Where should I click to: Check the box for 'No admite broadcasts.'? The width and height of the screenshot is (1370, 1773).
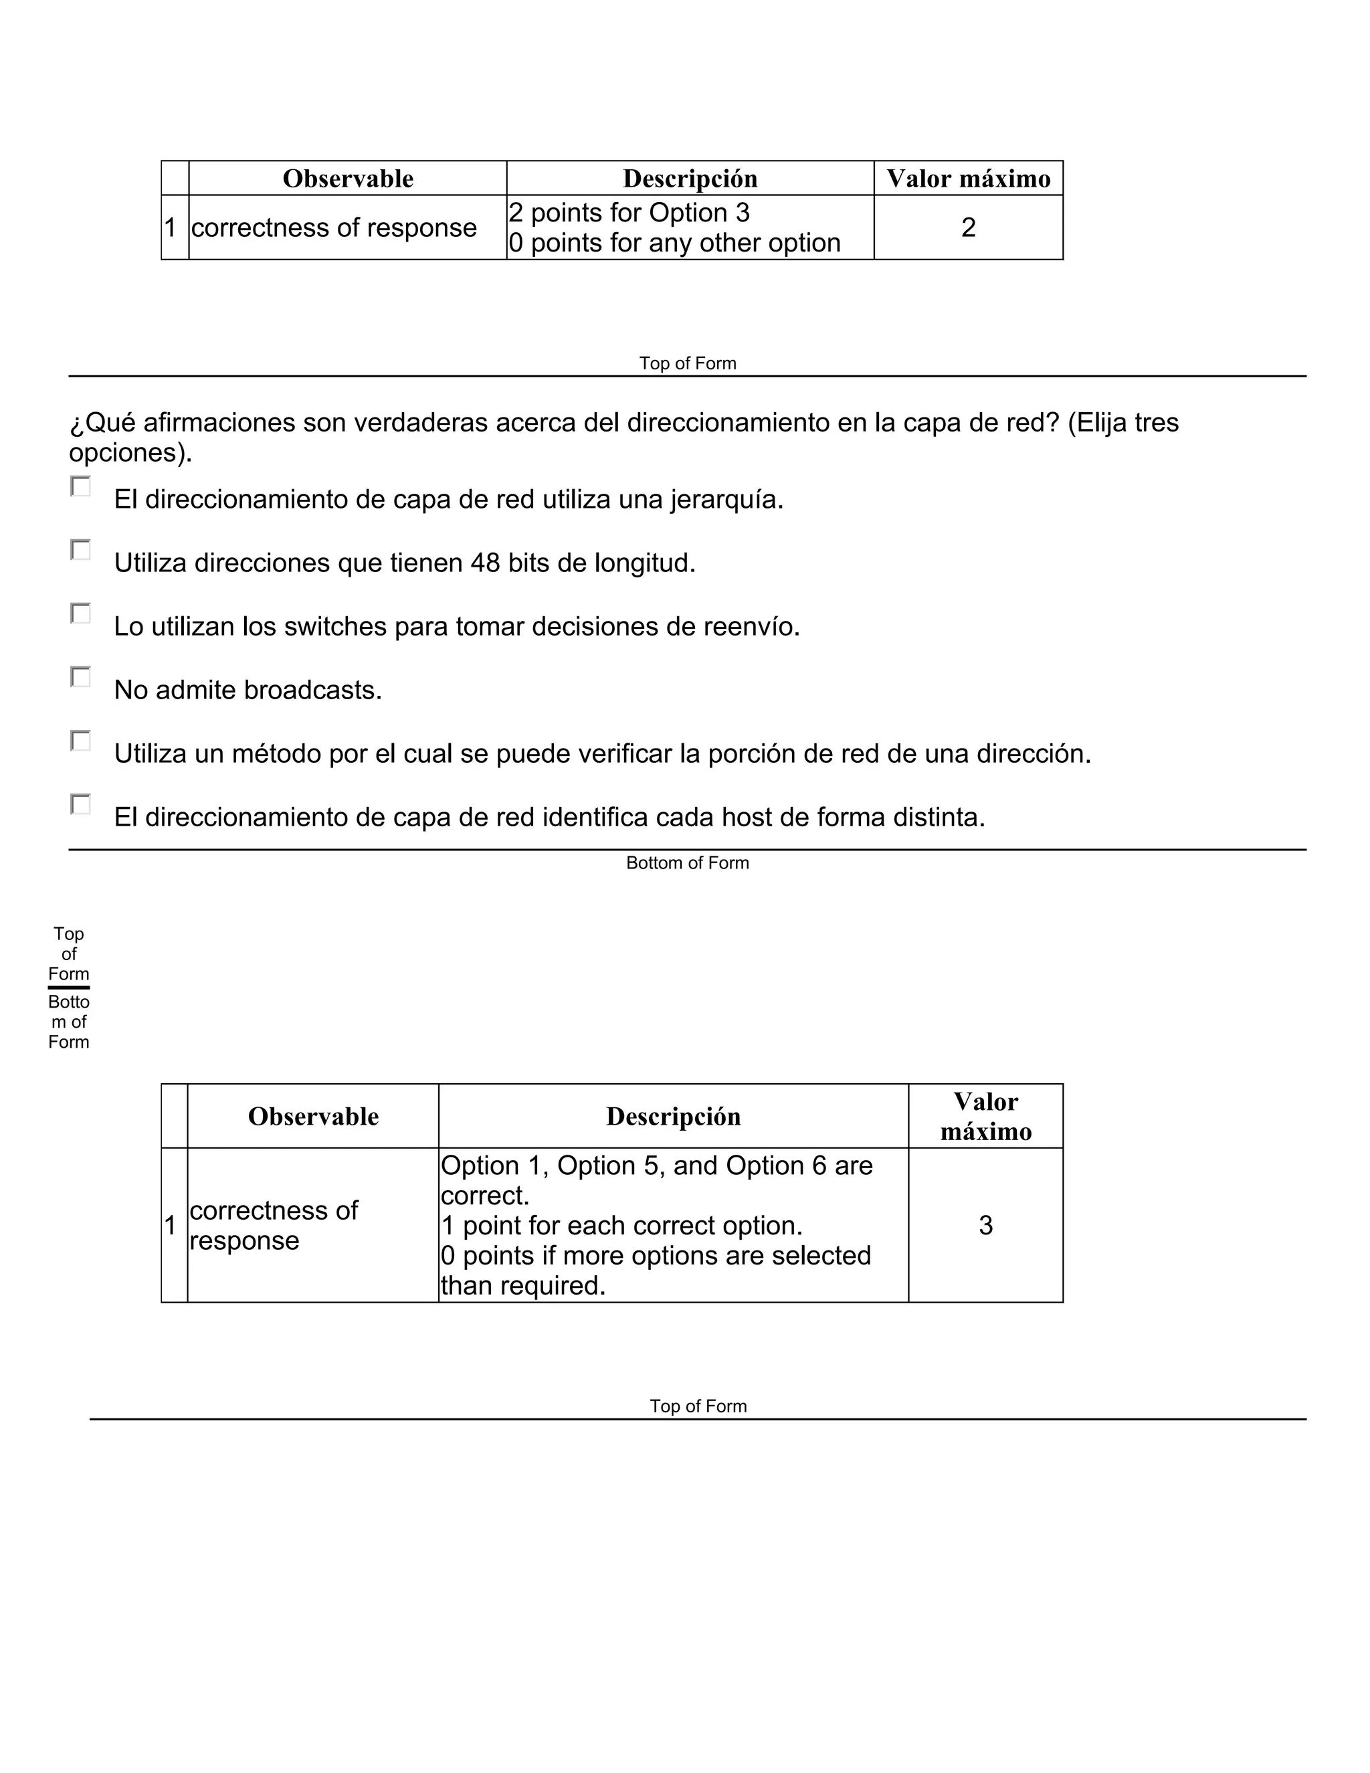pos(80,677)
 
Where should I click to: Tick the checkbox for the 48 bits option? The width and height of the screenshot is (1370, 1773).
pos(80,549)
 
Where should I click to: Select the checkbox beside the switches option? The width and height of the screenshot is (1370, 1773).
pos(80,613)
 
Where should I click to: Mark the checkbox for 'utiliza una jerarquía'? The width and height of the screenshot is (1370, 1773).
pos(80,486)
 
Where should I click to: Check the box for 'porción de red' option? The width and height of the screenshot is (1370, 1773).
pos(80,741)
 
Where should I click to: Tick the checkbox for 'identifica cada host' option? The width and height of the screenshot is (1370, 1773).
pos(80,804)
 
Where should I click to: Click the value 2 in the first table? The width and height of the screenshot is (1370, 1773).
pos(967,227)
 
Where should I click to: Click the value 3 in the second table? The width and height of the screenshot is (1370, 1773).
pos(985,1225)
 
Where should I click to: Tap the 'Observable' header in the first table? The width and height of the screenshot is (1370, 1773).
pos(347,179)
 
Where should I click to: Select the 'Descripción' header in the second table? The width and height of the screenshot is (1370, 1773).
pos(673,1116)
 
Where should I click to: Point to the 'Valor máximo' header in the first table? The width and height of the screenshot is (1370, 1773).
pos(967,179)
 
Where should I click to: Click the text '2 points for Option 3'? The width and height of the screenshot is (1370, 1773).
pos(629,213)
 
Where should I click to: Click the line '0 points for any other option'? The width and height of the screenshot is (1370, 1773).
pos(674,243)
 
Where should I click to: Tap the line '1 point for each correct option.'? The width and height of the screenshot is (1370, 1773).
pos(621,1225)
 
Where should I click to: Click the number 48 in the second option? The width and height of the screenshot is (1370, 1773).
pos(486,563)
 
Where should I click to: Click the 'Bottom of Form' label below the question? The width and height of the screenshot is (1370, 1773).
pos(688,863)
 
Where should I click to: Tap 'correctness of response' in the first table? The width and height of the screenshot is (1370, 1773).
pos(334,227)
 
